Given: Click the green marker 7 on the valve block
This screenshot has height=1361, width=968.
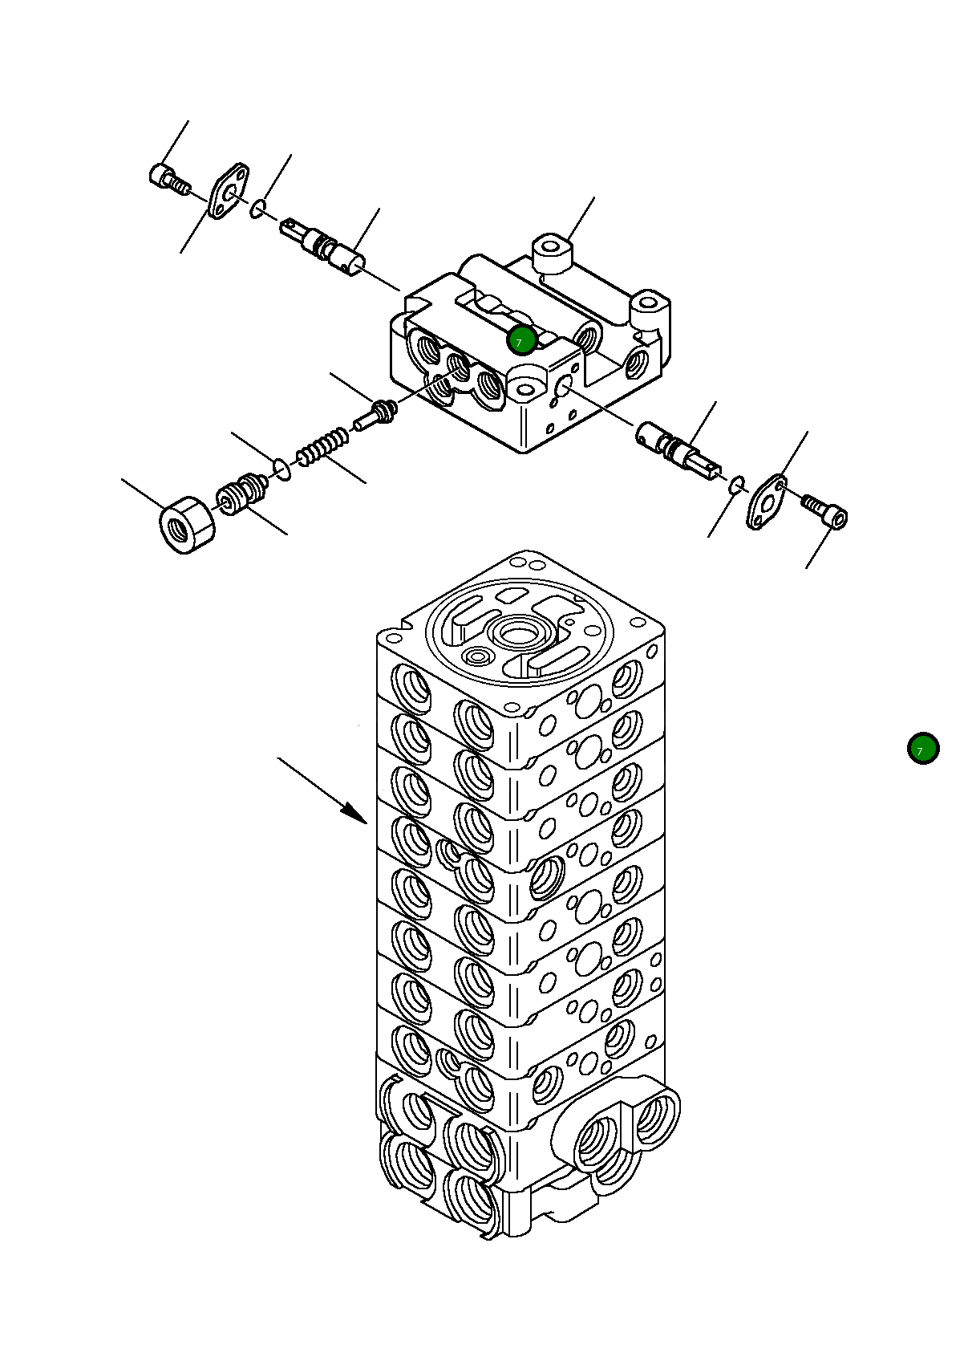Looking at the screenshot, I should tap(521, 340).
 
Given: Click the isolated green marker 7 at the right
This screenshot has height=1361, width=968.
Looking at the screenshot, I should tap(922, 748).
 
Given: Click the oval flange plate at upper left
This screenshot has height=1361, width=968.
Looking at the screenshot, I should tap(229, 190).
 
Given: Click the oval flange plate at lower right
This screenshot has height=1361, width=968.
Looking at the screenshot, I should tap(766, 502).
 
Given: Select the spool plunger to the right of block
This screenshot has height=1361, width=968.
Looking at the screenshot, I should tap(678, 448).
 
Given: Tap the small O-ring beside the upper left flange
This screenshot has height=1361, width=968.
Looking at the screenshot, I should tap(257, 210).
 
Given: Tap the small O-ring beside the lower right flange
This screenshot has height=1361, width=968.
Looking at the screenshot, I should tap(737, 483).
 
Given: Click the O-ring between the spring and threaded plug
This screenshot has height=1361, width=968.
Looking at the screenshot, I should tap(281, 468).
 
